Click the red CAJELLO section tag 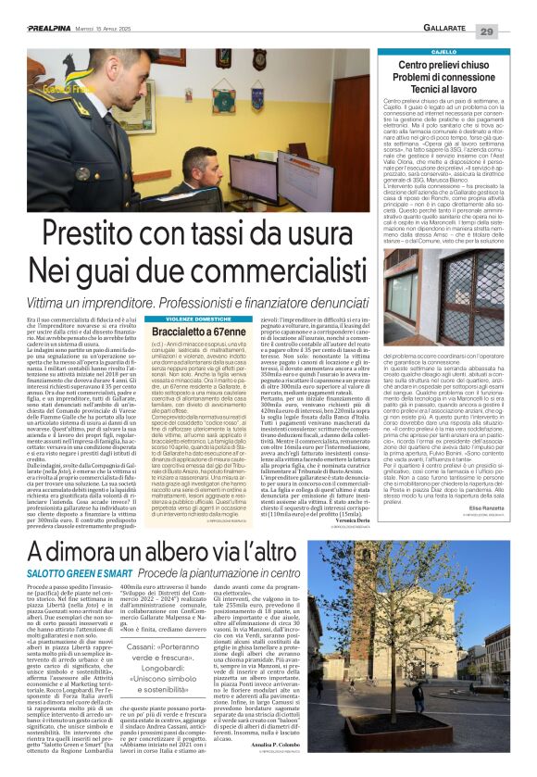pos(443,52)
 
